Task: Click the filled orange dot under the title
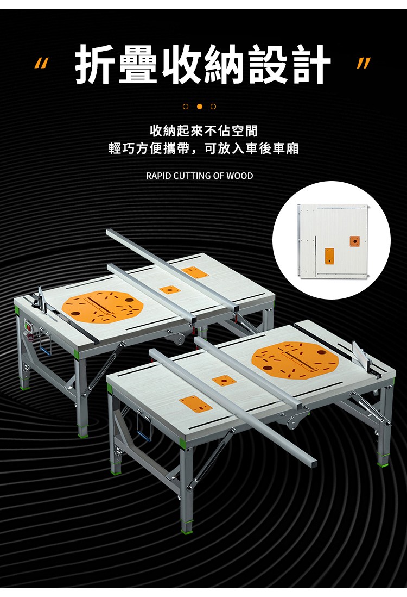point(200,106)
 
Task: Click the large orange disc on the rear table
point(103,307)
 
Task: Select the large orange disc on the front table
point(295,360)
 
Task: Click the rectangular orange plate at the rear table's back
point(194,272)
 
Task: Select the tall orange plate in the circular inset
point(329,256)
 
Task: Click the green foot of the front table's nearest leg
point(187,530)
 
